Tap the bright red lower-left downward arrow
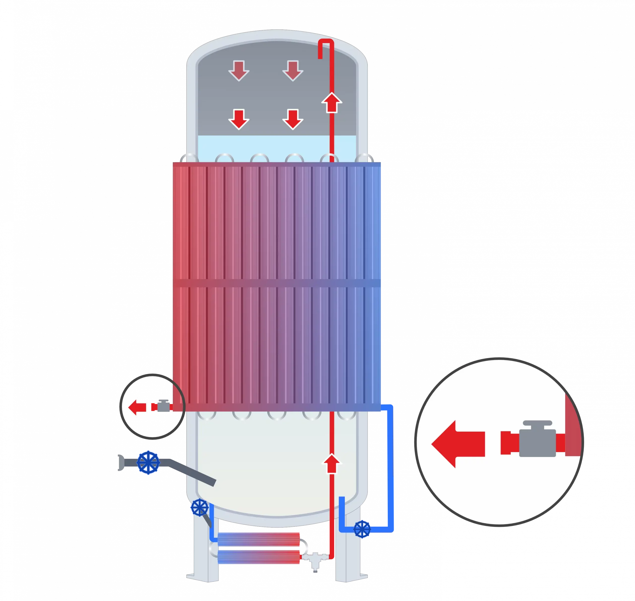[239, 119]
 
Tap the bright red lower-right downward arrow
[292, 119]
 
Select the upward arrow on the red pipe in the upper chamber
[332, 103]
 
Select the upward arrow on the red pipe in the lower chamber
[332, 464]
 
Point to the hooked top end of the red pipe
[326, 45]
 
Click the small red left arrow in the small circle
[137, 408]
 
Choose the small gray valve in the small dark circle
[163, 406]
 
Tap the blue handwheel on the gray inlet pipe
[148, 463]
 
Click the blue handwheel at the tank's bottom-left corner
[199, 508]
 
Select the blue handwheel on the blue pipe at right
[362, 530]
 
